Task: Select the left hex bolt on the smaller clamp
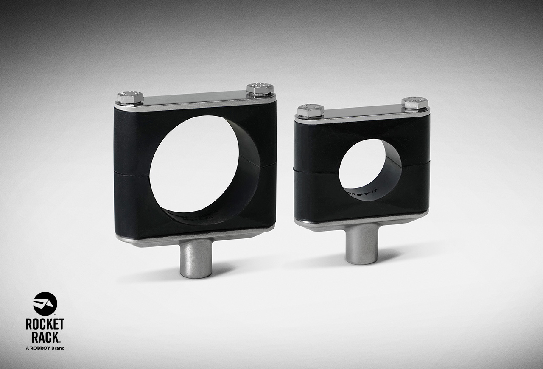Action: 311,111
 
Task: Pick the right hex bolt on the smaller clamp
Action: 414,103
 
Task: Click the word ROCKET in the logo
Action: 45,324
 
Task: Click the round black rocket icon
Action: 45,304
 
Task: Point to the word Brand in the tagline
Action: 58,348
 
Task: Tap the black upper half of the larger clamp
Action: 132,140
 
